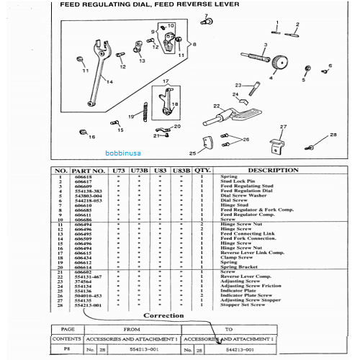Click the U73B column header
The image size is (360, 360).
coord(138,170)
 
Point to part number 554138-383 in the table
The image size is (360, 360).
coord(89,191)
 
